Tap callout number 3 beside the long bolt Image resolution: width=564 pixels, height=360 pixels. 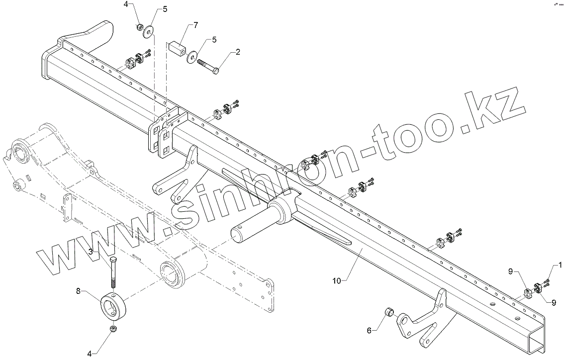point(91,252)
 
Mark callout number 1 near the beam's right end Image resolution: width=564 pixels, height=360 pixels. point(560,265)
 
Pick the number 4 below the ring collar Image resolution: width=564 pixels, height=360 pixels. point(90,354)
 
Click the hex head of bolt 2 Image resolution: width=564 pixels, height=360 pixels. point(216,72)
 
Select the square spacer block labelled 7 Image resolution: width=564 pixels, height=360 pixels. point(178,49)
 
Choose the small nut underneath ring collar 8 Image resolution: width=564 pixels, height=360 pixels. point(113,330)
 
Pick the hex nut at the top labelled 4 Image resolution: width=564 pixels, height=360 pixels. point(140,26)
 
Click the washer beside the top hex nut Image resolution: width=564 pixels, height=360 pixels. point(149,33)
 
